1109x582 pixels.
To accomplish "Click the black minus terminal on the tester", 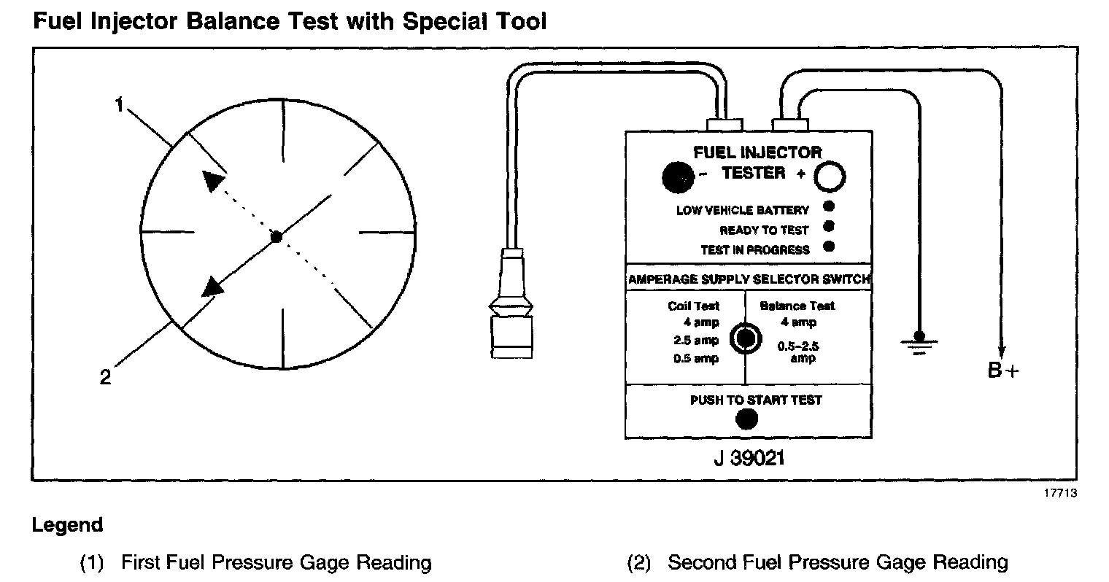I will [x=678, y=176].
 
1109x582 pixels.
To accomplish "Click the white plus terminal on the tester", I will [x=830, y=176].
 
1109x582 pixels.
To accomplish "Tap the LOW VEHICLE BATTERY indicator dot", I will [x=828, y=207].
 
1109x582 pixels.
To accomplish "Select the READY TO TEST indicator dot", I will [x=828, y=227].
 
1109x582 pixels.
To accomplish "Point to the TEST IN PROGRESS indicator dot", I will [x=828, y=247].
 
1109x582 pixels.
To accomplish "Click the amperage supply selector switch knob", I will [x=745, y=338].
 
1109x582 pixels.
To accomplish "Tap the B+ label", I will [x=1002, y=370].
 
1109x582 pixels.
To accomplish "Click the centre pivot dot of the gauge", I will [x=276, y=236].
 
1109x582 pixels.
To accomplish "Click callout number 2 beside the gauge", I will [x=106, y=377].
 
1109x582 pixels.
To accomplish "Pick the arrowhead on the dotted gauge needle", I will [x=212, y=180].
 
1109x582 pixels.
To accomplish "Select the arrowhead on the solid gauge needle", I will [x=212, y=286].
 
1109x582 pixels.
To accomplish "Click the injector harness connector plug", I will [x=510, y=314].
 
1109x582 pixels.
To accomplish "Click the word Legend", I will [x=67, y=525].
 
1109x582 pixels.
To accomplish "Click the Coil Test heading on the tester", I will [x=694, y=306].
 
